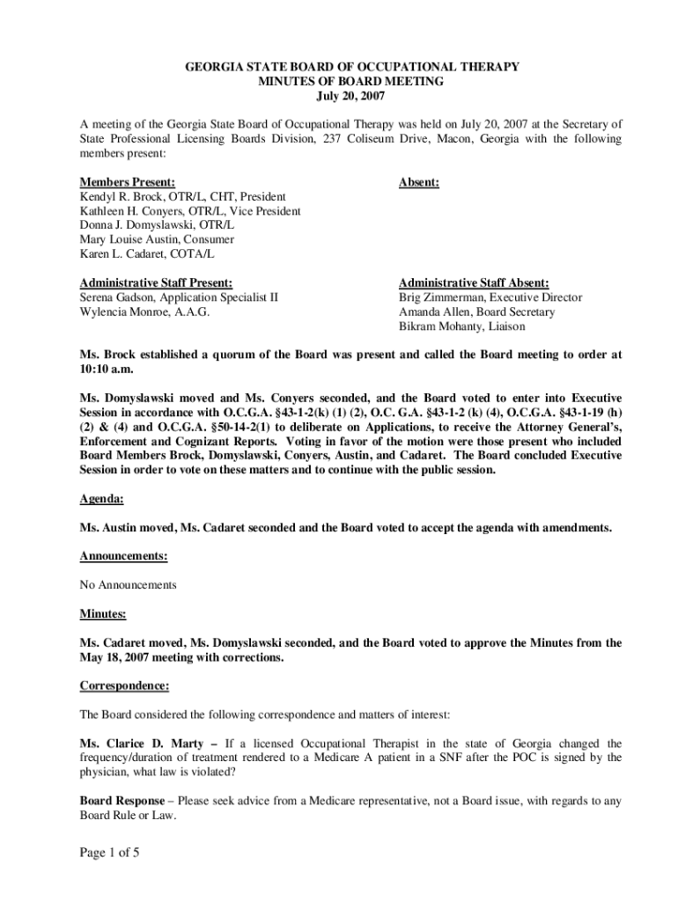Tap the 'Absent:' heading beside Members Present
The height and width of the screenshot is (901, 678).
pos(419,182)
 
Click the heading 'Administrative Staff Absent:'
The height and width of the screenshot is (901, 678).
pos(474,282)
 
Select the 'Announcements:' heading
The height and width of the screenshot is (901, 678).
pos(123,556)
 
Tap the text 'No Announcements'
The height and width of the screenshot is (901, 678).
pos(128,584)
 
